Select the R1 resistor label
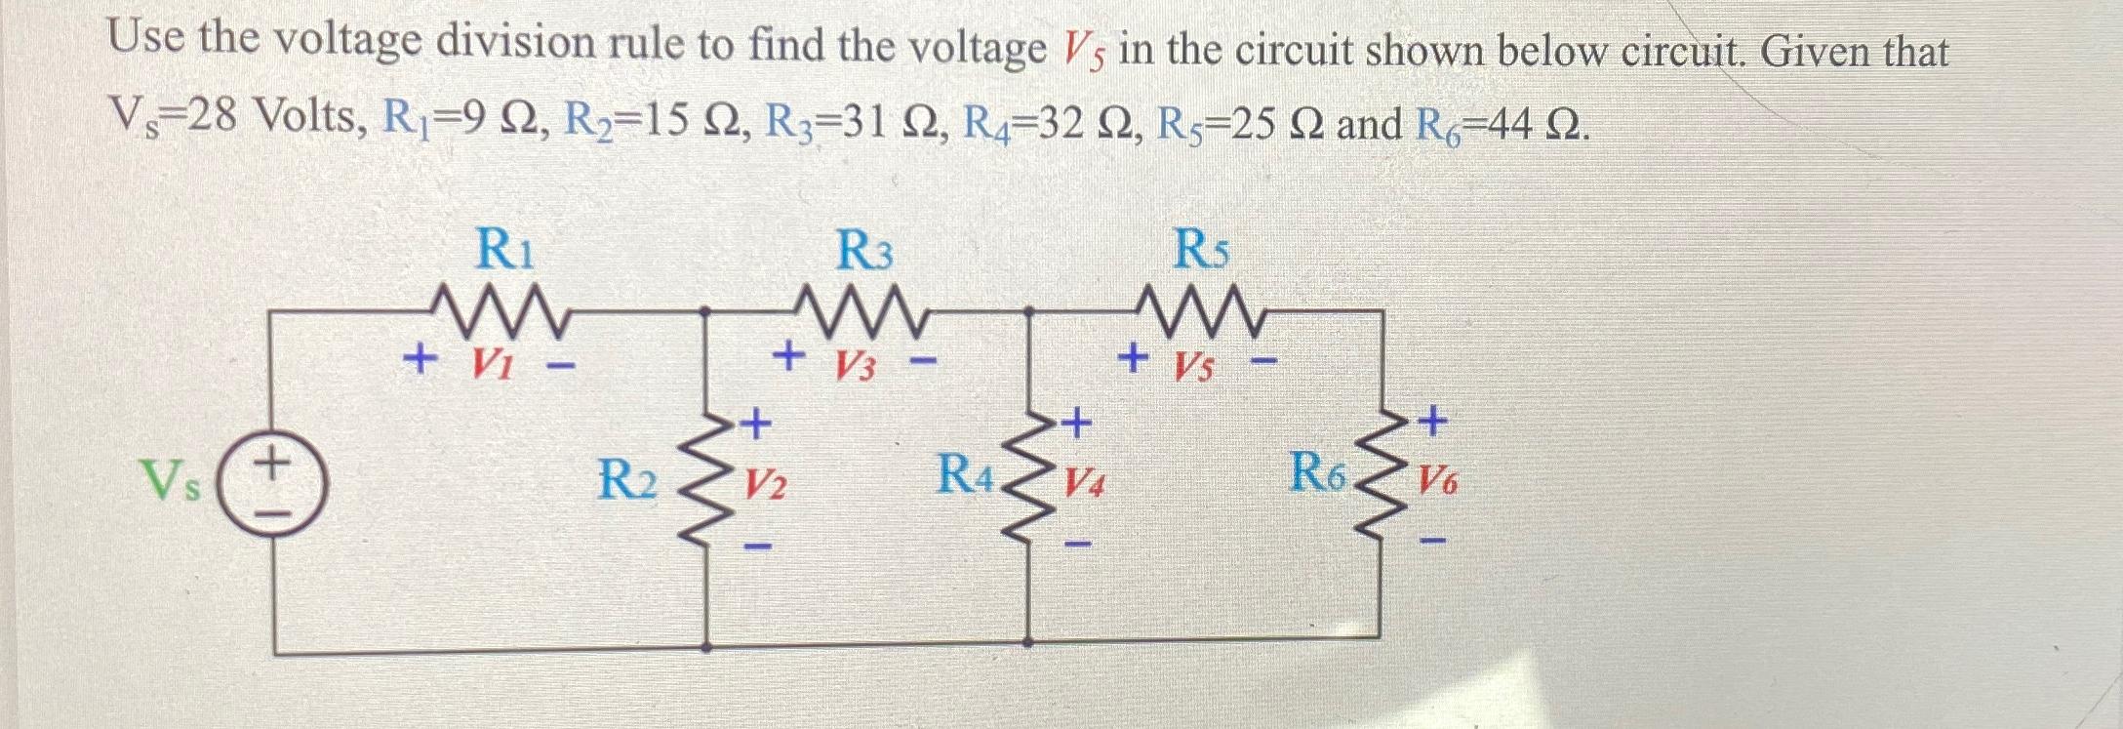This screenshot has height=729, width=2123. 504,250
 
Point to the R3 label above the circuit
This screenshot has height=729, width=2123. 865,253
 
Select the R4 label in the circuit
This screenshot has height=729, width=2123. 967,476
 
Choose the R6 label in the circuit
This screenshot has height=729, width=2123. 1318,473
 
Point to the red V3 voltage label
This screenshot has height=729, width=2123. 855,366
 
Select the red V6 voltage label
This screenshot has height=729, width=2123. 1437,480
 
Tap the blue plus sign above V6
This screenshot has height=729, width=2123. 1431,422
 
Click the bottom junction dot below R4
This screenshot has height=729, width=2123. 1029,643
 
